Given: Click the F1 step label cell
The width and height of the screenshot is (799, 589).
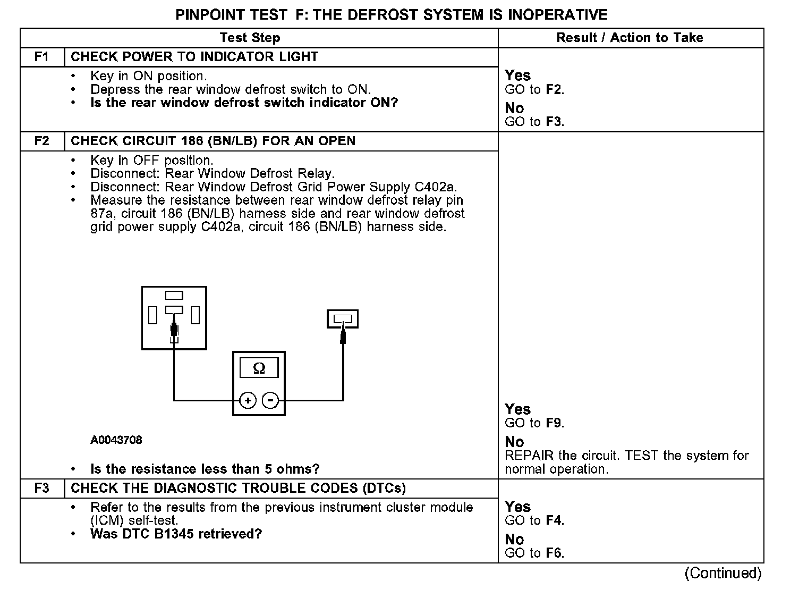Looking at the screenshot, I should click(41, 57).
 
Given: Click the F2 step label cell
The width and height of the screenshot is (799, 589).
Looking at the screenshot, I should click(41, 141).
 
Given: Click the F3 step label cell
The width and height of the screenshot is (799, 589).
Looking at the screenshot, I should click(41, 488).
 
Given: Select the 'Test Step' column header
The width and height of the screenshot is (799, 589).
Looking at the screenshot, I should click(250, 38).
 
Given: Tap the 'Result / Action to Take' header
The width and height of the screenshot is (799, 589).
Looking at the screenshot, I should click(630, 38).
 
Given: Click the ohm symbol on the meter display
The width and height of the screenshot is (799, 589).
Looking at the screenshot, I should click(259, 368).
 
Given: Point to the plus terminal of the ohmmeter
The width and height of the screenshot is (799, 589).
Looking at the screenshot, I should click(248, 400).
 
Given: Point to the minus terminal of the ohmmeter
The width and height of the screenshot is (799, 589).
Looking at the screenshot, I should click(271, 400).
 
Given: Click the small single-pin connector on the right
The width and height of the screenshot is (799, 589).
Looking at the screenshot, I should click(343, 319).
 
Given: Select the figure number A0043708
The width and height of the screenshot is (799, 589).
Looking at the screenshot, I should click(116, 440).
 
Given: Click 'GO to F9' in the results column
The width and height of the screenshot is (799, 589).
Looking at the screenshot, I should click(534, 423).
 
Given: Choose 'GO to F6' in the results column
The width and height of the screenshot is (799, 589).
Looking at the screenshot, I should click(534, 553).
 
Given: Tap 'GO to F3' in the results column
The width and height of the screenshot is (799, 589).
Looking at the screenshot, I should click(534, 122).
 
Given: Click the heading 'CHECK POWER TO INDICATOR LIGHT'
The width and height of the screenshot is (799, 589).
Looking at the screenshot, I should click(194, 57).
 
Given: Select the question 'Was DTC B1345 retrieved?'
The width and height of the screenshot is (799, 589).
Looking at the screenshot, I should click(176, 534).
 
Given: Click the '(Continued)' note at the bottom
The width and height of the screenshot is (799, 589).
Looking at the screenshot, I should click(723, 573).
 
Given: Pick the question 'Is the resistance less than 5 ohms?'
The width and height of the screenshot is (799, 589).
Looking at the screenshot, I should click(205, 469).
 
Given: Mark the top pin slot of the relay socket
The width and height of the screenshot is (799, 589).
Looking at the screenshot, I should click(174, 296).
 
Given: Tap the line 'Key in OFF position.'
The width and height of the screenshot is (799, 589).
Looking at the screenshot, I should click(152, 160).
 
